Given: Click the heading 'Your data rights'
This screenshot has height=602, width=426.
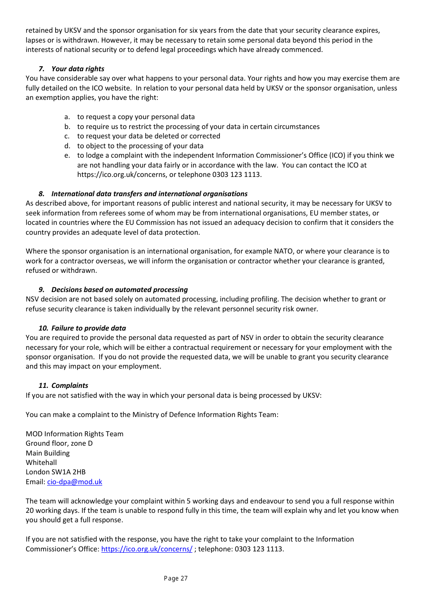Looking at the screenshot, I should coord(78,69).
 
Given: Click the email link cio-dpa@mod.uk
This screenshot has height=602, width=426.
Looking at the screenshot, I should coord(74,482).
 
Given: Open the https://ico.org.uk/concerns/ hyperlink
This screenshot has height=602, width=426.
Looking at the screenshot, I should coord(147,549).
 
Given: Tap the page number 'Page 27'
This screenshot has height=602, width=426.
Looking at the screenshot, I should coord(176,579).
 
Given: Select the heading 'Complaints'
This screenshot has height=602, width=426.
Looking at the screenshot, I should coord(70,386).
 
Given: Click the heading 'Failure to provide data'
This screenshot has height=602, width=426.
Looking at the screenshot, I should coord(88,328).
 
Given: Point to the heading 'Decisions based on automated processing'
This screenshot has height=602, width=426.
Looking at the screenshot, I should coord(119,290).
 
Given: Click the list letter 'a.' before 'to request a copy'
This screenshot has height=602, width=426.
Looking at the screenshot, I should coord(67,117).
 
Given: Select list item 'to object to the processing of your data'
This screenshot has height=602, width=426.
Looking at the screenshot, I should coord(140,146).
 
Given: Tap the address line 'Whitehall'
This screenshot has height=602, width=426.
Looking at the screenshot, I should coord(41,463).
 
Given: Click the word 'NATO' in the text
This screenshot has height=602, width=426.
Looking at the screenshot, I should coord(283,251).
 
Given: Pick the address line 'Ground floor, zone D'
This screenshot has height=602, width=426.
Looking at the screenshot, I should coord(59,443).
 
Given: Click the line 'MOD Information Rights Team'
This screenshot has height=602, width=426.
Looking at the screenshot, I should coord(74,434).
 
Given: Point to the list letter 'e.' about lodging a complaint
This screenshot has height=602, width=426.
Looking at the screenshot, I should coord(67,155).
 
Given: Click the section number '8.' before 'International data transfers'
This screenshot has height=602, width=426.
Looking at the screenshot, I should coord(41,194).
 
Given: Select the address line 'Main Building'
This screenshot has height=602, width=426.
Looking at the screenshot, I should coord(48,453).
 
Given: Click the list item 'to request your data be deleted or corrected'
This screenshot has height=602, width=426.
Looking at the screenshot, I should coord(148,136).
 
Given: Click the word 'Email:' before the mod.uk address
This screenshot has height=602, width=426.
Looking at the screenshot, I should coord(35,482).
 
